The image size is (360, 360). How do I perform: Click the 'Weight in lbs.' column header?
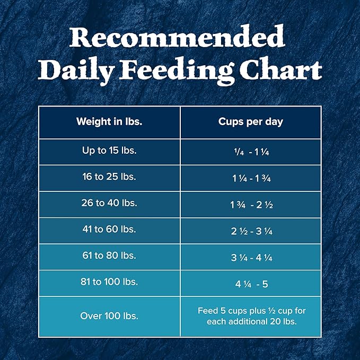point(109,121)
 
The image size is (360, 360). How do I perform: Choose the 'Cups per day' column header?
point(250,121)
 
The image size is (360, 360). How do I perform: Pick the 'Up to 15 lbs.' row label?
point(109,151)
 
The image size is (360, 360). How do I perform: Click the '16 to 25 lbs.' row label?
point(109,177)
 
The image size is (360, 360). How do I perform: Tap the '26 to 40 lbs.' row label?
point(109,203)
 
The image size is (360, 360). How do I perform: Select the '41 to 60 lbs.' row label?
point(109,230)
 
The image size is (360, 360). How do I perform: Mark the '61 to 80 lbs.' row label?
point(109,256)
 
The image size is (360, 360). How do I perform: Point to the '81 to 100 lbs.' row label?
point(109,282)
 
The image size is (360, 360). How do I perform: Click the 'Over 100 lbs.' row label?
point(109,316)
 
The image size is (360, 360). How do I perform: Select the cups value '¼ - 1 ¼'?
point(250,152)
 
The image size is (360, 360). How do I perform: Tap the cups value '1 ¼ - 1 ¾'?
point(250,178)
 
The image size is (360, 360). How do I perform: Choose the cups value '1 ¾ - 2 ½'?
point(250,205)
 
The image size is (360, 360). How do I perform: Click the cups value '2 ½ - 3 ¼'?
point(250,231)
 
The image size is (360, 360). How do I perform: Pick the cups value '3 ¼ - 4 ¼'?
point(250,257)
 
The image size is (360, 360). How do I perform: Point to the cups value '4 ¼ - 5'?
point(250,284)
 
